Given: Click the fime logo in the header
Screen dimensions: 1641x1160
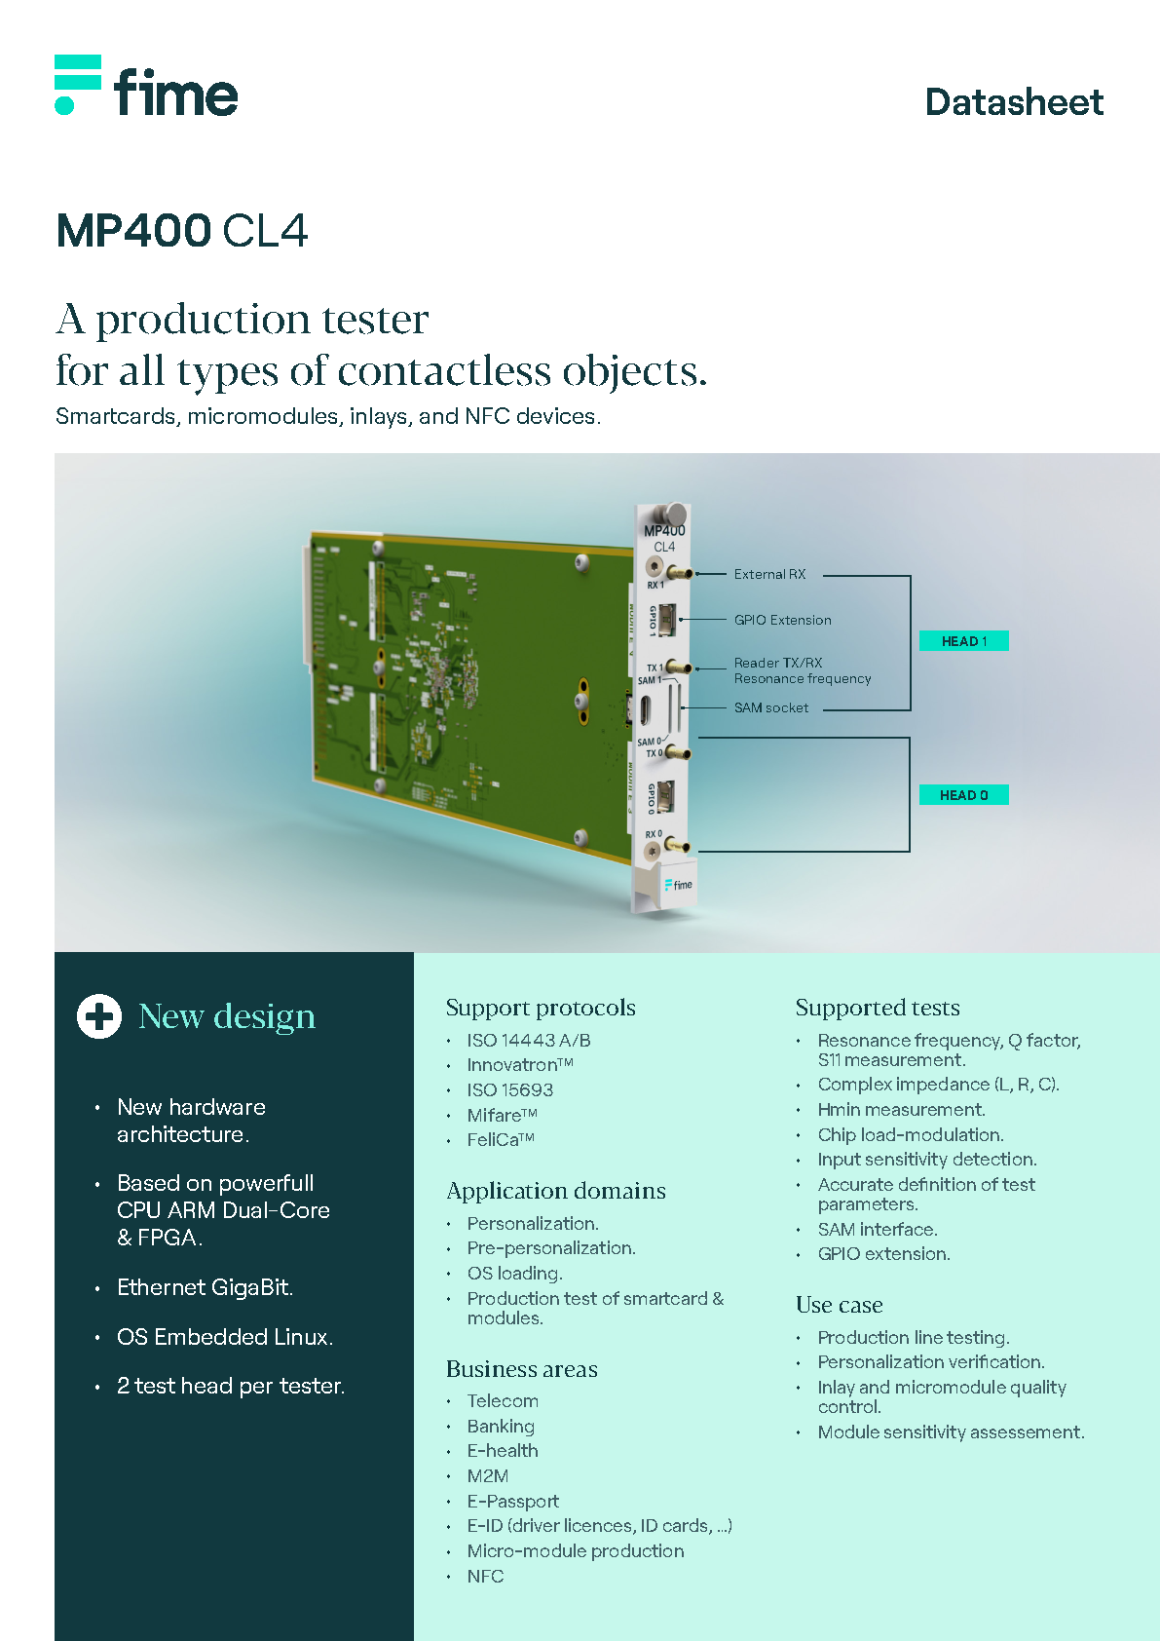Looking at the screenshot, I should tap(146, 87).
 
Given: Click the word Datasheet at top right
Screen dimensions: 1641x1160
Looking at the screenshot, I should tap(1013, 102).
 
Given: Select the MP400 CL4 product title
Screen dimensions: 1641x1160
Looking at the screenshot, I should tap(182, 231).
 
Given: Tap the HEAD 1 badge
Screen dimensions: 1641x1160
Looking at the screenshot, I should tap(963, 641).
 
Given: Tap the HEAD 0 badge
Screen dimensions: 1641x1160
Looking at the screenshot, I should tap(963, 795).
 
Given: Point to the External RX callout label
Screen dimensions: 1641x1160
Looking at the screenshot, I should tap(769, 575).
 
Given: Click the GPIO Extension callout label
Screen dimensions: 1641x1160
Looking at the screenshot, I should tap(782, 620).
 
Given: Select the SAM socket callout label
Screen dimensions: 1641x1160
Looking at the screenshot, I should tap(770, 708).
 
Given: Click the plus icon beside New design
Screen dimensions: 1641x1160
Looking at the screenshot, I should tap(99, 1016).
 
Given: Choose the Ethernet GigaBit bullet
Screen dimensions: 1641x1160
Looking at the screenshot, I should tap(205, 1287).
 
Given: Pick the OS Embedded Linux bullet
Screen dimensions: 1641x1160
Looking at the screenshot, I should tap(224, 1337).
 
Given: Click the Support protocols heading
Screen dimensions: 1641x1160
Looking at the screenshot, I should tap(541, 1008).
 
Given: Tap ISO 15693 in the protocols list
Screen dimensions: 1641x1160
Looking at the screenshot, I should tap(509, 1090).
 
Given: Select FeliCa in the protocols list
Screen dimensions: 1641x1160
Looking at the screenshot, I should tap(500, 1140).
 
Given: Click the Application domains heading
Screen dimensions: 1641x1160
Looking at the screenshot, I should tap(556, 1191).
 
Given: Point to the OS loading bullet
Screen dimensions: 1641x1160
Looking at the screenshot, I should tap(514, 1274).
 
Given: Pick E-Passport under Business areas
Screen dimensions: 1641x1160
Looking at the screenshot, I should tap(512, 1502).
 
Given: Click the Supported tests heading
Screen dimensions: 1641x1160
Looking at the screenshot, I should tap(878, 1008).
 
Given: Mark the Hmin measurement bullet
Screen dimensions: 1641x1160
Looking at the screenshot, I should tap(901, 1110).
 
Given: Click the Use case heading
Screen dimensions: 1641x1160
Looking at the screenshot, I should tap(839, 1305).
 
